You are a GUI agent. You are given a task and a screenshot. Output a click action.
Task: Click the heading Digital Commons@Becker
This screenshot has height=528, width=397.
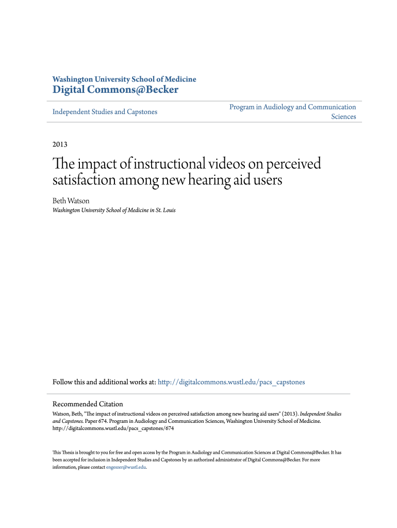pos(115,90)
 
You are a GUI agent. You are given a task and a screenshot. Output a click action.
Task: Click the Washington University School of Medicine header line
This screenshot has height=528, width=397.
pos(124,79)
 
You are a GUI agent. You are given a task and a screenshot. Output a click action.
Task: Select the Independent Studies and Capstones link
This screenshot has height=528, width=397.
pos(105,112)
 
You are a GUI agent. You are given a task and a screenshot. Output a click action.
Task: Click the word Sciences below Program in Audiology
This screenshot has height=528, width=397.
pos(343,117)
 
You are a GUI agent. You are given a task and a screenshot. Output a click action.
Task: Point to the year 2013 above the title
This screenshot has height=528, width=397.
pos(60,144)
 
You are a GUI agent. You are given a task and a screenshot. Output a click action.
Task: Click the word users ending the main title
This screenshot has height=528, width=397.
pos(267,181)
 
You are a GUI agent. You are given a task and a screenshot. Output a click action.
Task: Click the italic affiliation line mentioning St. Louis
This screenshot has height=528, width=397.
pos(114,210)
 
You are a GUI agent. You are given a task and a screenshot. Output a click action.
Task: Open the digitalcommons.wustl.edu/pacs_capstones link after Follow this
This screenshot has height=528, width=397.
pos(231,382)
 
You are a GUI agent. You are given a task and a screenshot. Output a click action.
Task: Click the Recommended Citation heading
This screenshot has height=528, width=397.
pos(88,404)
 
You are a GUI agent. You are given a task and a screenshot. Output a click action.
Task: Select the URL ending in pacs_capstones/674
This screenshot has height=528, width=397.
pos(113,428)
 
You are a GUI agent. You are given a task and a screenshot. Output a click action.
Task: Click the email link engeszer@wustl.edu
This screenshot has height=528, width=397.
pos(126,467)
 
